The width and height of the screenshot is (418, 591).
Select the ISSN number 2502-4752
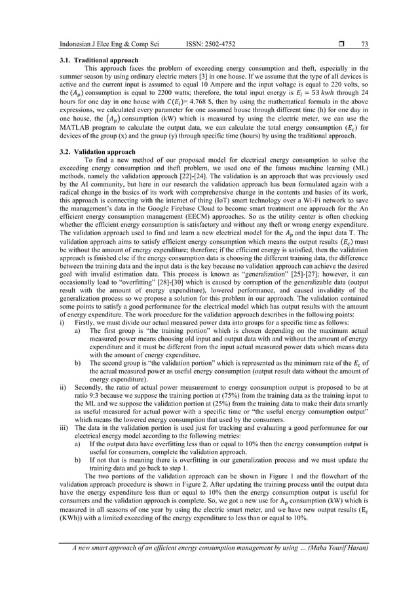(217, 44)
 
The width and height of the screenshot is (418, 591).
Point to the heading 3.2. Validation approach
(92, 151)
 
